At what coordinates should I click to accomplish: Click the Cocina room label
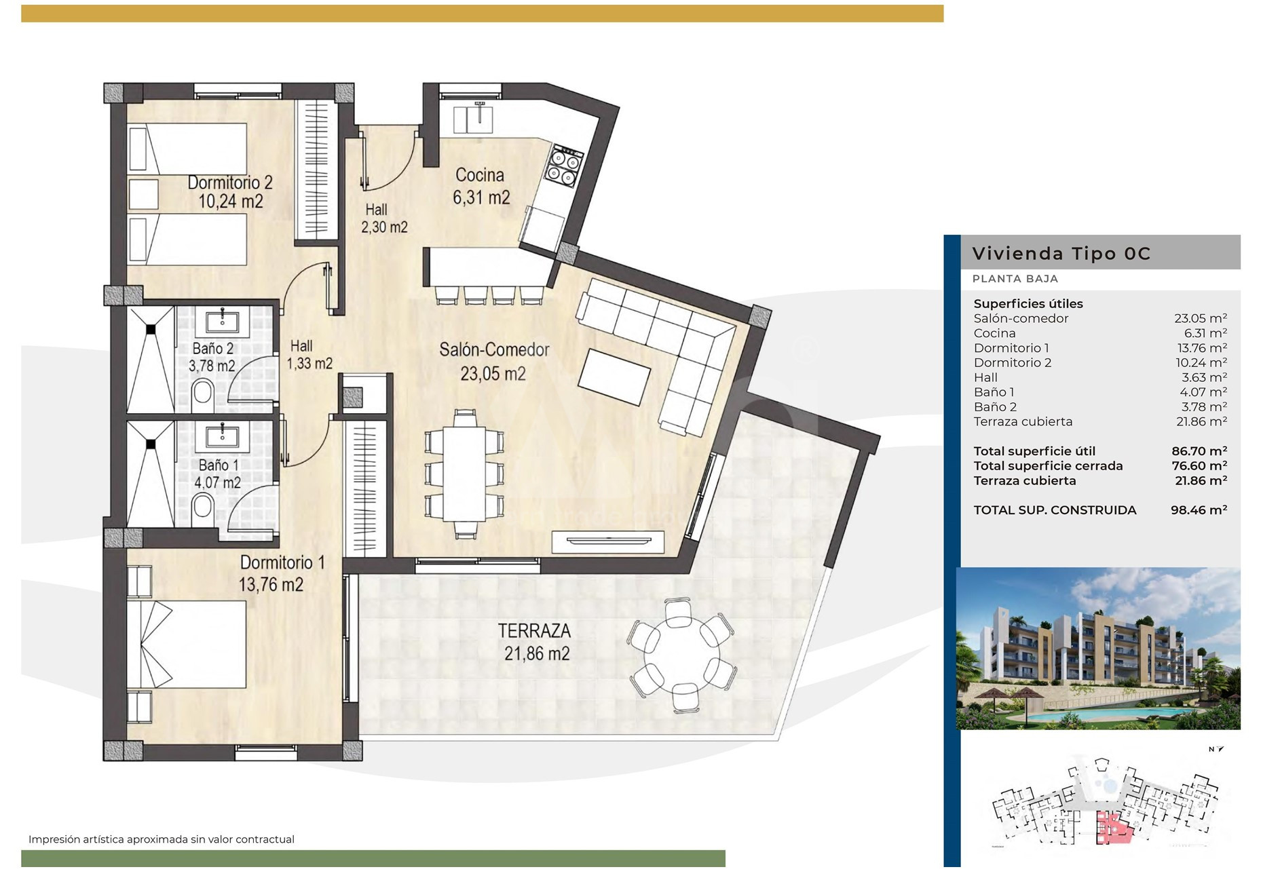click(480, 175)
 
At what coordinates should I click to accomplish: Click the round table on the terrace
click(683, 655)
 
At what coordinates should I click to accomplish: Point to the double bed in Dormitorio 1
click(186, 645)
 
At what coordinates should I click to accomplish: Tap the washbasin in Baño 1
click(223, 437)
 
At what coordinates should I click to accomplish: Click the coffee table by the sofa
click(614, 377)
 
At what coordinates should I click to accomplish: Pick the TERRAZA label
click(534, 631)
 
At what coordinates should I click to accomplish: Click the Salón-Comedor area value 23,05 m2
click(493, 373)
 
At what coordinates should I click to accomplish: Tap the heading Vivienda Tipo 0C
click(1061, 254)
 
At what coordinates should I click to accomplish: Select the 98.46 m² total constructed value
click(1199, 510)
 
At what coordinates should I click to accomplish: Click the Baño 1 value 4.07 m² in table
click(1203, 392)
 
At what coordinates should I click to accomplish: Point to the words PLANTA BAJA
click(1015, 279)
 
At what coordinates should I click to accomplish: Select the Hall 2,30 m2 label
click(384, 218)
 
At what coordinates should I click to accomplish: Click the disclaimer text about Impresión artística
click(162, 839)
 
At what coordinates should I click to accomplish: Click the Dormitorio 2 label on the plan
click(230, 183)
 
